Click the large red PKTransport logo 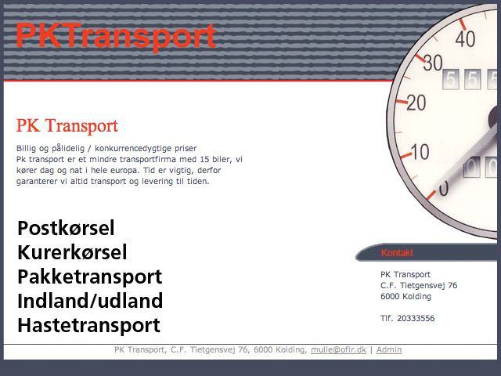coord(116,36)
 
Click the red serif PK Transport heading coord(67,125)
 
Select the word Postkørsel coord(66,228)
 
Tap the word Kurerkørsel coord(72,252)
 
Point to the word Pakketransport coord(90,277)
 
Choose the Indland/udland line coord(90,301)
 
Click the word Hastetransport coord(88,326)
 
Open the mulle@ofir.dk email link coord(338,350)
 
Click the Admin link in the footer coord(389,349)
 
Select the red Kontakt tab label coord(397,253)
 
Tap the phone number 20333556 coord(416,318)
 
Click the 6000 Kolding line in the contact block coord(405,296)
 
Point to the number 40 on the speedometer coord(465,38)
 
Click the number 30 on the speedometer coord(433,63)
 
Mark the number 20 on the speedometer coord(416,103)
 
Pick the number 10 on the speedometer coord(420,151)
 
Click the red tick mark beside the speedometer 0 coord(431,195)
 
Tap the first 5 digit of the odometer coord(451,79)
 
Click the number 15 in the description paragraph coord(204,159)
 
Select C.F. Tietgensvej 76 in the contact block coord(419,285)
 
